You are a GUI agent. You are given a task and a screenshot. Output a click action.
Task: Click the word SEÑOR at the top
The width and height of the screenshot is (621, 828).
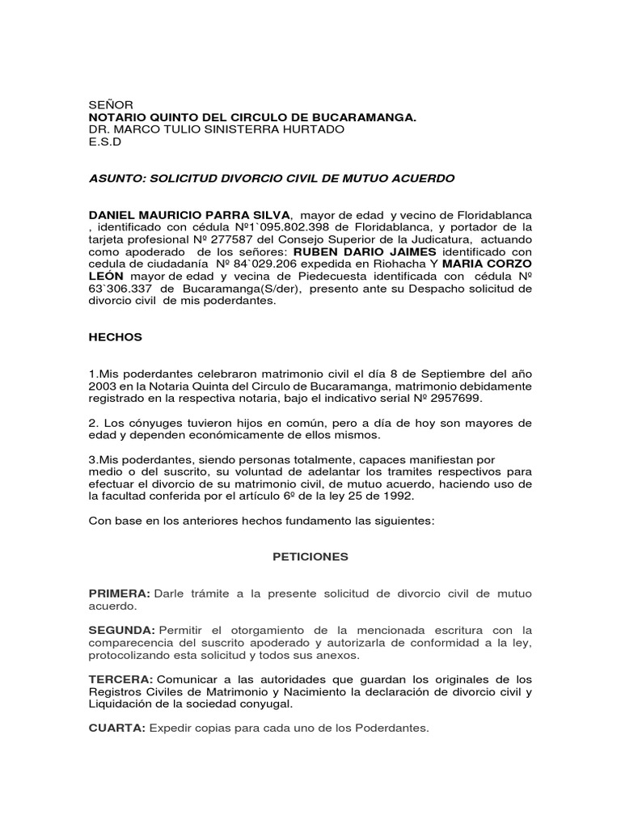point(105,105)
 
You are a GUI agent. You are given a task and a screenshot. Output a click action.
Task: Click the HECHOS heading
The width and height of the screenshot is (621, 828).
point(115,337)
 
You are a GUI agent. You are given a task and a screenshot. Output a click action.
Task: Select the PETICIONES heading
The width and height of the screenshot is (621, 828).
point(310,557)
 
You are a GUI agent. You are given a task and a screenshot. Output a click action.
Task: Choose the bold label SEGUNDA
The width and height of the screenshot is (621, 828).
point(121,630)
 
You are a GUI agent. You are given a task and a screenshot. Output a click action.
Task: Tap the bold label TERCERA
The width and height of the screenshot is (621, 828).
point(120,679)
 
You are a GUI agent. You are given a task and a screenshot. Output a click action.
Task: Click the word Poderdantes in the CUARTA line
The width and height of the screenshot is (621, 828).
point(394,729)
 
